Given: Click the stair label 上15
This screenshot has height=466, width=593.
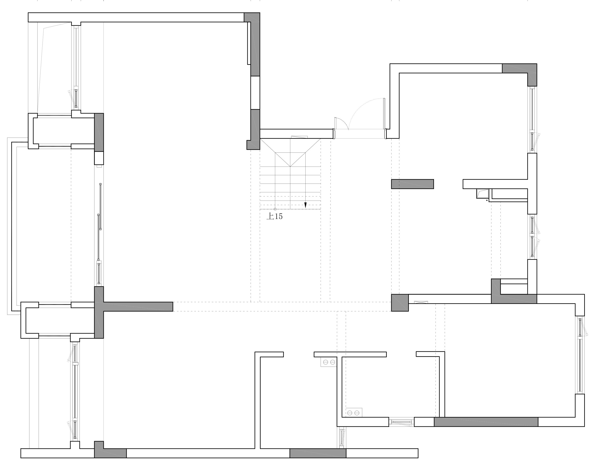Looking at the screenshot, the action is pos(275,216).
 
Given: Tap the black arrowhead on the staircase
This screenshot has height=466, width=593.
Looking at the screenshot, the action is pos(305,205).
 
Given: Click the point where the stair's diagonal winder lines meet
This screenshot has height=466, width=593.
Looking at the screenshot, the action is pos(290,166).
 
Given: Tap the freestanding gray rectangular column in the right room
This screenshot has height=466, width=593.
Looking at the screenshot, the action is pos(412,184).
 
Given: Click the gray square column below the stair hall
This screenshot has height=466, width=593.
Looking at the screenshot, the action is pos(400,302).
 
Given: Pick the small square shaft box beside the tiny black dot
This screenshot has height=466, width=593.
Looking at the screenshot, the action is pos(482,193).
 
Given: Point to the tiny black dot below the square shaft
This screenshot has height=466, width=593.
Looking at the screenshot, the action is pos(487,200).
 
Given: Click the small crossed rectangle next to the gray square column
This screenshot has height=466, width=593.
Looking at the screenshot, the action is pos(421,302).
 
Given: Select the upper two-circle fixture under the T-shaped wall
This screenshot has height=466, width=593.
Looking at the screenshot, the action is pos(328,362).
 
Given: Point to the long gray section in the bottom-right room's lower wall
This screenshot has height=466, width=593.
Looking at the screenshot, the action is pos(486,422).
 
